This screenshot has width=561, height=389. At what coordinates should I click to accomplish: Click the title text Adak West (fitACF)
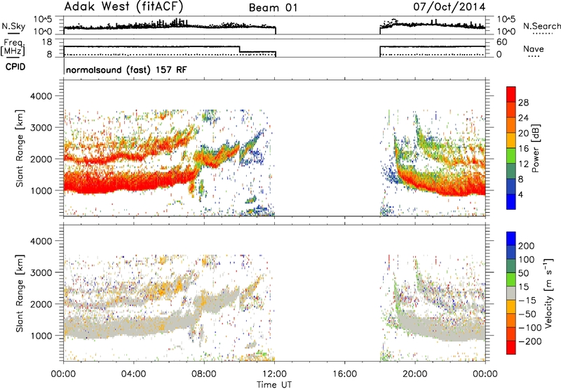pyautogui.click(x=123, y=6)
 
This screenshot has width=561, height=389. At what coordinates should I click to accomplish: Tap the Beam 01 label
pyautogui.click(x=273, y=8)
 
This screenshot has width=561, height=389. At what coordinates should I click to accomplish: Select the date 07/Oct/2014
pyautogui.click(x=450, y=7)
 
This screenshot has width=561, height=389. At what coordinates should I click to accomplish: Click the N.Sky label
pyautogui.click(x=13, y=26)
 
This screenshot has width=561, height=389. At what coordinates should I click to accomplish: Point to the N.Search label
pyautogui.click(x=541, y=26)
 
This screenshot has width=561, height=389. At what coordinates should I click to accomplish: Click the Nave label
pyautogui.click(x=534, y=48)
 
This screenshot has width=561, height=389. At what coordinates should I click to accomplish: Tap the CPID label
pyautogui.click(x=15, y=67)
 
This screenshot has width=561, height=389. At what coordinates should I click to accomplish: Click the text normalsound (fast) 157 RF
pyautogui.click(x=126, y=70)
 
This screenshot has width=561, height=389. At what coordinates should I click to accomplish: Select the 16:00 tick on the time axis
pyautogui.click(x=345, y=374)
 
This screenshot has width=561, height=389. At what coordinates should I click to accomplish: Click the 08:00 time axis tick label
pyautogui.click(x=204, y=374)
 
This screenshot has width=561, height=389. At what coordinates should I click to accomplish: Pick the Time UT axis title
pyautogui.click(x=274, y=385)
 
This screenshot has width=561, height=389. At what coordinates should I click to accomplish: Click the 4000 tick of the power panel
pyautogui.click(x=41, y=96)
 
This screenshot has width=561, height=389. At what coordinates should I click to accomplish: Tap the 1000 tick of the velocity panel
pyautogui.click(x=41, y=336)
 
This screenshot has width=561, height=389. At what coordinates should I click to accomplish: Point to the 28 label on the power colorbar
pyautogui.click(x=523, y=103)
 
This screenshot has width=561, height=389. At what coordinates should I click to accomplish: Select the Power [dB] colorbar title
pyautogui.click(x=536, y=148)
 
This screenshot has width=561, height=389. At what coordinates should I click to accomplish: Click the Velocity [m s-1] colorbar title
pyautogui.click(x=548, y=293)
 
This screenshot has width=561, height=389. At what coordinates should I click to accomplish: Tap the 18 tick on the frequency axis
pyautogui.click(x=47, y=42)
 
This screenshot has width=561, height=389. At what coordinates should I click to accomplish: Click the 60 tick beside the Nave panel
pyautogui.click(x=502, y=42)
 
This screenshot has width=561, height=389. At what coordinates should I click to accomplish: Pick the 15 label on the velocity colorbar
pyautogui.click(x=523, y=287)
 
